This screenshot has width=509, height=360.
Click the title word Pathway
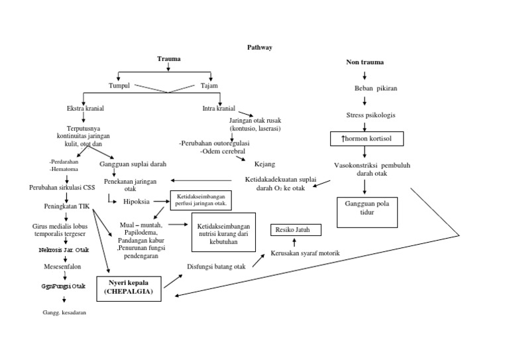pos(259,47)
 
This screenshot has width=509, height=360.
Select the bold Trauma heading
pos(168,60)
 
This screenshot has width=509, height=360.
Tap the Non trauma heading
pos(365,62)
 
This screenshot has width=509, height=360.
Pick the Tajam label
pos(209,86)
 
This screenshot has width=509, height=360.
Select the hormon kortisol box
pos(364,139)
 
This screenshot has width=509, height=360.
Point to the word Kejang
pos(264,163)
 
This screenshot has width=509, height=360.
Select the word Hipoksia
pos(137,201)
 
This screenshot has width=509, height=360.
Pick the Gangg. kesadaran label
pos(65,312)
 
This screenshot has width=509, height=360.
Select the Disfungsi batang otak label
pos(216,267)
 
